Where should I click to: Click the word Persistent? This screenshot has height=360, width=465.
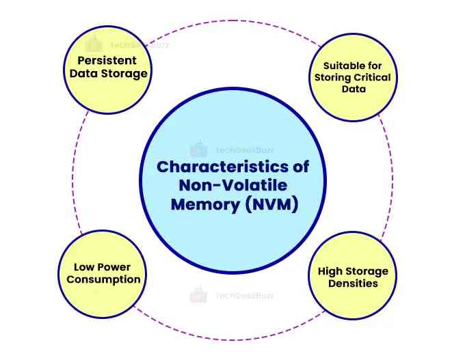point(107,60)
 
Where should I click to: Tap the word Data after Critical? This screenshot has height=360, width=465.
point(352,89)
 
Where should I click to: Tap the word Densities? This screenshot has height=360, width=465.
point(352,283)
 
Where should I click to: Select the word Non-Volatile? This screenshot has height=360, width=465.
point(233,186)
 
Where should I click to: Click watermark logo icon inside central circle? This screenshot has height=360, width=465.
point(198,148)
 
